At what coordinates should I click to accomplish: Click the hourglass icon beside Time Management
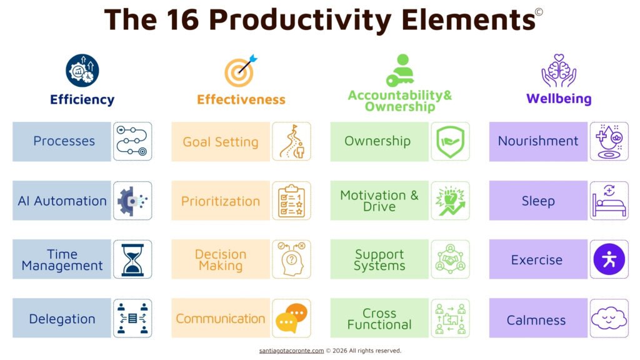click(x=132, y=259)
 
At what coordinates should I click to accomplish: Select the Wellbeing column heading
click(x=559, y=99)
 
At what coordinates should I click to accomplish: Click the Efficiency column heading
click(x=82, y=99)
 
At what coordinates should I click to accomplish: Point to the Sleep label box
click(x=538, y=201)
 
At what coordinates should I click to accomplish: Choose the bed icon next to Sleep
click(x=609, y=201)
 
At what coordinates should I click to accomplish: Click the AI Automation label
click(x=62, y=201)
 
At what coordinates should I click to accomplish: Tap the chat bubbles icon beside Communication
click(x=291, y=318)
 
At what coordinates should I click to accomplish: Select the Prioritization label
click(x=221, y=201)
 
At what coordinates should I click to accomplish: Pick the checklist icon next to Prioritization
click(x=291, y=201)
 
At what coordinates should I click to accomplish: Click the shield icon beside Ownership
click(x=450, y=141)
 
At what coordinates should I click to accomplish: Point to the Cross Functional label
click(x=379, y=319)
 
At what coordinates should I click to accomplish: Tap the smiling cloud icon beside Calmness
click(x=609, y=319)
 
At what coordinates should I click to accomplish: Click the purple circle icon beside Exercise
click(x=609, y=259)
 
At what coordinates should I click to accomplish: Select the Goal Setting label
click(x=221, y=142)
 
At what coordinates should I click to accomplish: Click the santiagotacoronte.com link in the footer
click(x=291, y=351)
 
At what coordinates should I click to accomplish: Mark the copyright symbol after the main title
click(x=539, y=12)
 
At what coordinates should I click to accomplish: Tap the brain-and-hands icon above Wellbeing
click(x=558, y=70)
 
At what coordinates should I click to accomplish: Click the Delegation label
click(x=62, y=319)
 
